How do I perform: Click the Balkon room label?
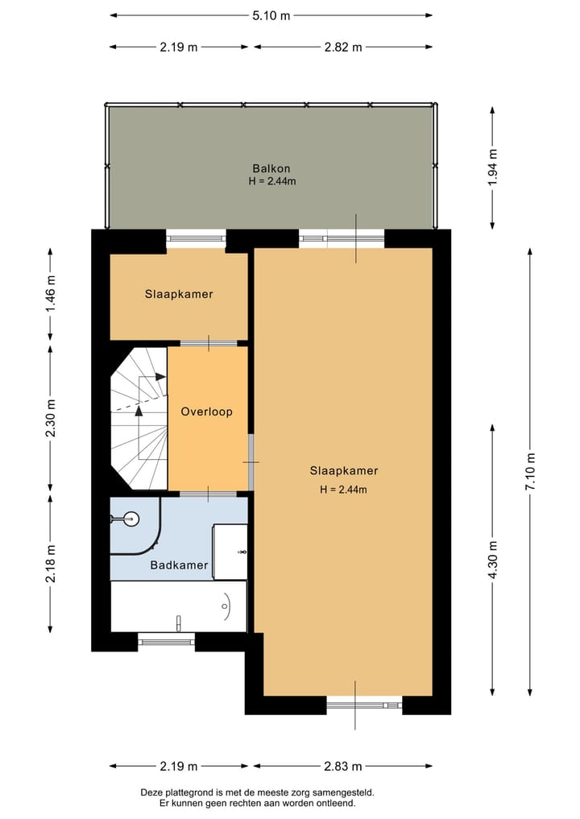coord(271,168)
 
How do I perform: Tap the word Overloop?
coord(206,412)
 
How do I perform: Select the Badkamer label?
coord(179,565)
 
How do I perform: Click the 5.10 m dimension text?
coord(271,15)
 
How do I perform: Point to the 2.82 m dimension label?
coord(342,47)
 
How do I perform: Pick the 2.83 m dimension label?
coord(343,766)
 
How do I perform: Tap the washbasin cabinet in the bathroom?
coord(230,551)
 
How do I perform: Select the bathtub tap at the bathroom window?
coord(178,621)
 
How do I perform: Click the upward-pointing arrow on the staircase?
coord(139,411)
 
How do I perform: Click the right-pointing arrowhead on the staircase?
coord(159,377)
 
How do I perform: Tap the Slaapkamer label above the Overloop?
coord(179,294)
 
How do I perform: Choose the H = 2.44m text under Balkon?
coord(271,181)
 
